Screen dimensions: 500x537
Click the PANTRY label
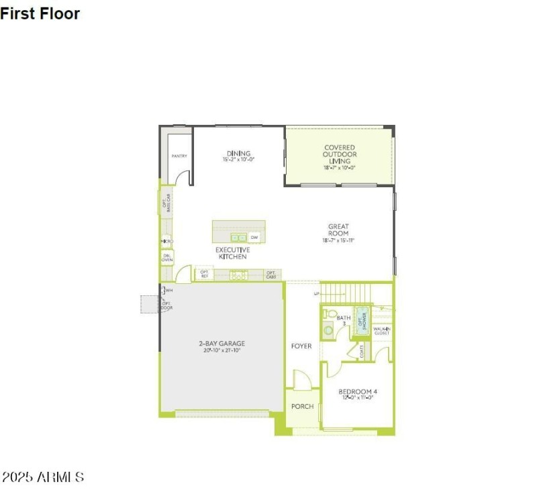pyautogui.click(x=179, y=156)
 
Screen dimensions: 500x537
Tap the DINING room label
pyautogui.click(x=238, y=154)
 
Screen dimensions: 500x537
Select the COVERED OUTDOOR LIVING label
pyautogui.click(x=339, y=154)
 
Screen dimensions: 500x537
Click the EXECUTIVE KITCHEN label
pyautogui.click(x=232, y=253)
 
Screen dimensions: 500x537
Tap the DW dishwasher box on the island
pyautogui.click(x=254, y=238)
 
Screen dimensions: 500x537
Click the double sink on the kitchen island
pyautogui.click(x=238, y=238)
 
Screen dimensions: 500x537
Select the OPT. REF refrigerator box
pyautogui.click(x=204, y=274)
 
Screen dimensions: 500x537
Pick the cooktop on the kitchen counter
pyautogui.click(x=238, y=274)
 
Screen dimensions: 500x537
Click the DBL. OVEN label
pyautogui.click(x=166, y=257)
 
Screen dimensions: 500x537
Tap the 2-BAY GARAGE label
pyautogui.click(x=222, y=344)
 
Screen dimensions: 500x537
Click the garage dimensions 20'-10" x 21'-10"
pyautogui.click(x=222, y=350)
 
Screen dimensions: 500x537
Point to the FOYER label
pyautogui.click(x=301, y=346)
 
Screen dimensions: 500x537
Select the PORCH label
pyautogui.click(x=302, y=407)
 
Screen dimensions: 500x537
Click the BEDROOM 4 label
pyautogui.click(x=357, y=392)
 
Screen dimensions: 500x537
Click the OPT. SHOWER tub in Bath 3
pyautogui.click(x=362, y=320)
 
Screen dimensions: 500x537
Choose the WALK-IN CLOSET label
pyautogui.click(x=381, y=330)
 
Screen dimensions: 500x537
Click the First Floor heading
pyautogui.click(x=40, y=13)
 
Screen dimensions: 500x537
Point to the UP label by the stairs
pyautogui.click(x=317, y=293)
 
